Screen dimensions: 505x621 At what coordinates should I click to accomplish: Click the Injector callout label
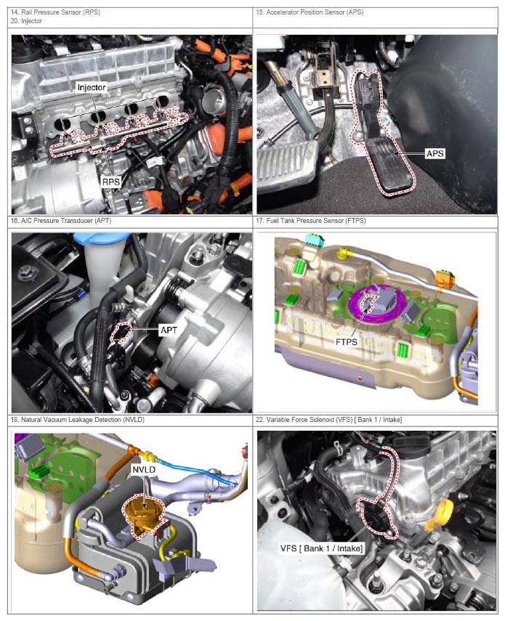coord(92,87)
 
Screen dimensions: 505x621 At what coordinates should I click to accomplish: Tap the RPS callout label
coord(111,182)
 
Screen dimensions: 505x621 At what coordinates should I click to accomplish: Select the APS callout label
coord(435,153)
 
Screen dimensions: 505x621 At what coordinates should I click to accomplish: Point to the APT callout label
coord(169,330)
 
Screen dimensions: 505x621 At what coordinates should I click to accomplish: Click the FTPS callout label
coord(346,342)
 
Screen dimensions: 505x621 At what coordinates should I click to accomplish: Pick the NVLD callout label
coord(144,470)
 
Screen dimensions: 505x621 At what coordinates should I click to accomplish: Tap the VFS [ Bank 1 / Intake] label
coord(321,548)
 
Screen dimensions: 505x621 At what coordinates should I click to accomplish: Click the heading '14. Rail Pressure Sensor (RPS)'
coord(55,12)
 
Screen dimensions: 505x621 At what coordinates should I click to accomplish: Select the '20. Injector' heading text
coord(26,21)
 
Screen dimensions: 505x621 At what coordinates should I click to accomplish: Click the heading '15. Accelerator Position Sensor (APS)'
coord(310,12)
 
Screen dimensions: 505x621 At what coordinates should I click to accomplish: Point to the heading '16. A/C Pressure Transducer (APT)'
coord(61,221)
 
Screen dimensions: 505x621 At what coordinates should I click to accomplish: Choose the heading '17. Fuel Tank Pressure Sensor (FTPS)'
coord(310,221)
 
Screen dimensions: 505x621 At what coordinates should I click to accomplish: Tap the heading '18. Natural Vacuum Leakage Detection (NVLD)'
coord(78,419)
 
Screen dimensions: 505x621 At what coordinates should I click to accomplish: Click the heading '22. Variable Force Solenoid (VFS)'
coord(304,419)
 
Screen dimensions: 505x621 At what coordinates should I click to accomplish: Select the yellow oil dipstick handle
coord(440,515)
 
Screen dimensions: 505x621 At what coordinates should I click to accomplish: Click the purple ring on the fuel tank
coord(375,305)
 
